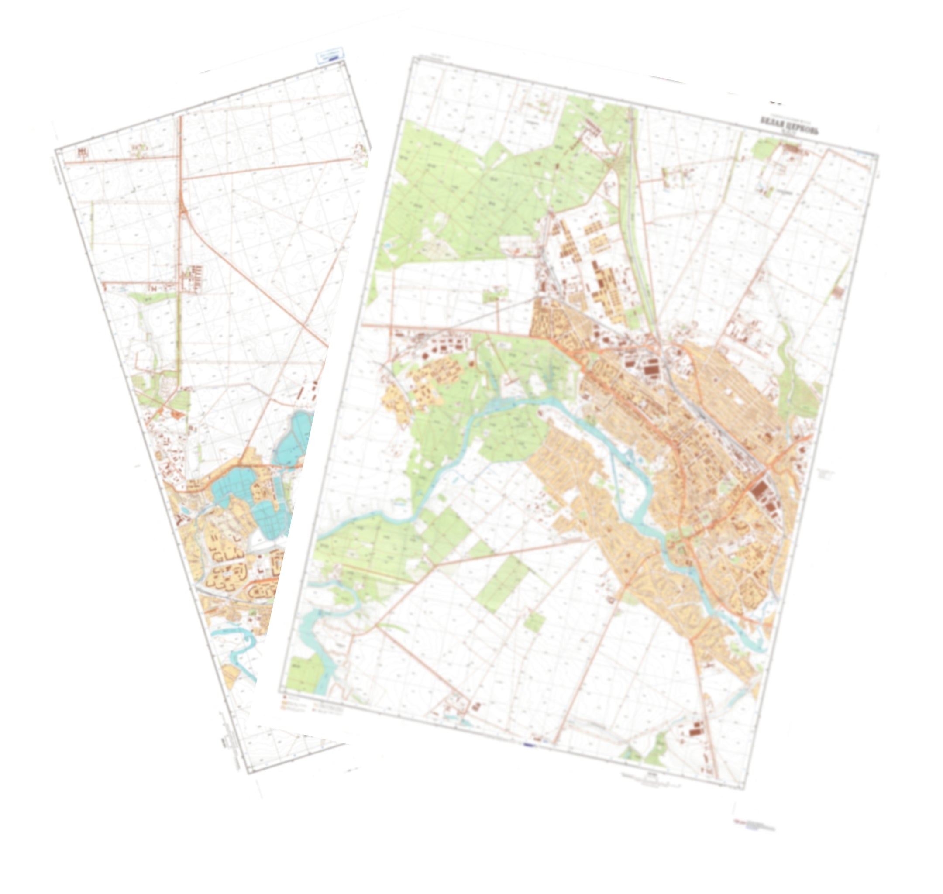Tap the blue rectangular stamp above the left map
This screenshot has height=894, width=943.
point(330,56)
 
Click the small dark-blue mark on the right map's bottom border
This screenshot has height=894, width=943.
point(530,744)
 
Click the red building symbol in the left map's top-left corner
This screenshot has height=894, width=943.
point(83,152)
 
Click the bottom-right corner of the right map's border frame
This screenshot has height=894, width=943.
point(744,789)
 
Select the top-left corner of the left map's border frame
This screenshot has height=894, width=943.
point(56,150)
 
